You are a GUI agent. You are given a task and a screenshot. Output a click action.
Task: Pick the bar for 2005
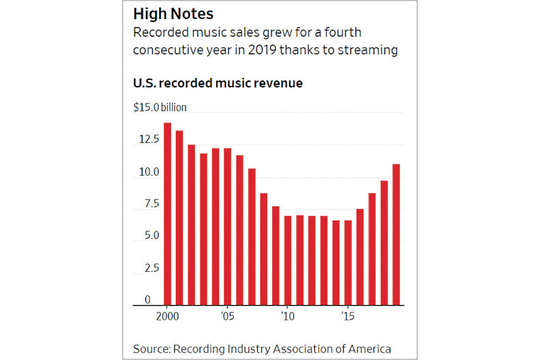click(x=227, y=226)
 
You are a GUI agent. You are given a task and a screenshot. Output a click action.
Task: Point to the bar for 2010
click(x=287, y=260)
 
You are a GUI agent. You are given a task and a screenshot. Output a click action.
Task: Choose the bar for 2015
click(x=347, y=262)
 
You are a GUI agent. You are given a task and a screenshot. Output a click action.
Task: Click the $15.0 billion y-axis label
click(x=159, y=107)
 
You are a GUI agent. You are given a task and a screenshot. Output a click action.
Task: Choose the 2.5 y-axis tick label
click(x=149, y=268)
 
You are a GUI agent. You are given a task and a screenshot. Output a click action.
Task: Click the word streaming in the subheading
click(x=368, y=51)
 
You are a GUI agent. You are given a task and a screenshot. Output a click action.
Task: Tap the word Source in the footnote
click(x=151, y=349)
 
